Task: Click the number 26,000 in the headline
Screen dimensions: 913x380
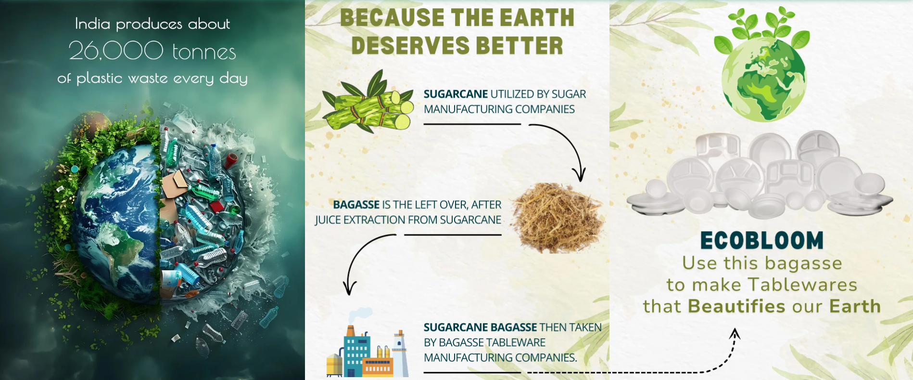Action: (x=116, y=51)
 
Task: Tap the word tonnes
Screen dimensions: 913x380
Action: (x=204, y=52)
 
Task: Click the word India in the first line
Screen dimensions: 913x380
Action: (x=92, y=24)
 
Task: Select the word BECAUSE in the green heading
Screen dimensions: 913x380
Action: (x=392, y=18)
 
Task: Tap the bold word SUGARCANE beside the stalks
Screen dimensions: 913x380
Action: (x=456, y=94)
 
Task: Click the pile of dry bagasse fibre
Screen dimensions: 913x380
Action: (x=557, y=217)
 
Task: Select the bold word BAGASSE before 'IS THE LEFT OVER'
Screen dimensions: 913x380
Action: (x=356, y=205)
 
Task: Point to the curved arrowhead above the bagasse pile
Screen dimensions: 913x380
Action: (x=579, y=174)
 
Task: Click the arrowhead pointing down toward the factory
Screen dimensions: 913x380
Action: (x=350, y=288)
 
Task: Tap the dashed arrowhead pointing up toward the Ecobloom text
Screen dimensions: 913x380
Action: (x=735, y=333)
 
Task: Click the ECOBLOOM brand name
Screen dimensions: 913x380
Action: (x=762, y=241)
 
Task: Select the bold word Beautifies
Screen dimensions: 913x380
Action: (x=736, y=306)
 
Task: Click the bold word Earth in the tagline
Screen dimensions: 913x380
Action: (x=855, y=306)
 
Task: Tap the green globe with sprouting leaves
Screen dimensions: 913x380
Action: (x=762, y=65)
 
